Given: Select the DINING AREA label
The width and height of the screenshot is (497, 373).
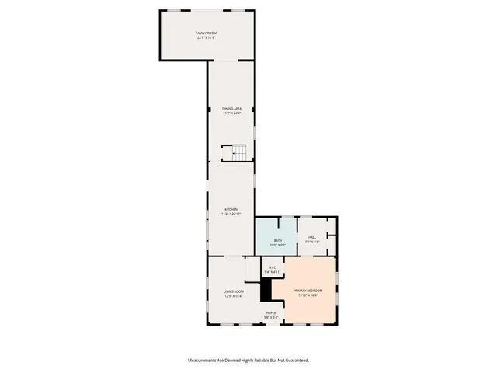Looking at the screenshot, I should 232,109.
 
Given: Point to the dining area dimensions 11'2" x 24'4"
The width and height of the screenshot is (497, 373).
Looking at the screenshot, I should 232,113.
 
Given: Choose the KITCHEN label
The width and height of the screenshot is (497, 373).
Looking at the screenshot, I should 231,209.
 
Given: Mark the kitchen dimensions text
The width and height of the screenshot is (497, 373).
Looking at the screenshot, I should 231,214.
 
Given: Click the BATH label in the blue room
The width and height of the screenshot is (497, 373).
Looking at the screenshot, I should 277,240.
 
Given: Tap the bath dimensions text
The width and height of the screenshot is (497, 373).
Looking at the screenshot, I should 277,245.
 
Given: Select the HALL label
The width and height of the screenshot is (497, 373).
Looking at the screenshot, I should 312,237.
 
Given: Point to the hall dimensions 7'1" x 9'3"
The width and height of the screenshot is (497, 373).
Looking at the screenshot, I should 312,242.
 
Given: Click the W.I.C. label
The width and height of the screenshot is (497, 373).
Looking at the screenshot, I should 273,268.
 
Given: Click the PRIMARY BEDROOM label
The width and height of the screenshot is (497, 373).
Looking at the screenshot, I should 308,290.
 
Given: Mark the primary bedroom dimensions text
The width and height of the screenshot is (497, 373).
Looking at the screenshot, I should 308,295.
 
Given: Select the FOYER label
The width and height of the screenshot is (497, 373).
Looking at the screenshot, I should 270,312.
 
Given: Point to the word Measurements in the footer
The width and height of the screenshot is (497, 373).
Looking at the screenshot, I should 204,360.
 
